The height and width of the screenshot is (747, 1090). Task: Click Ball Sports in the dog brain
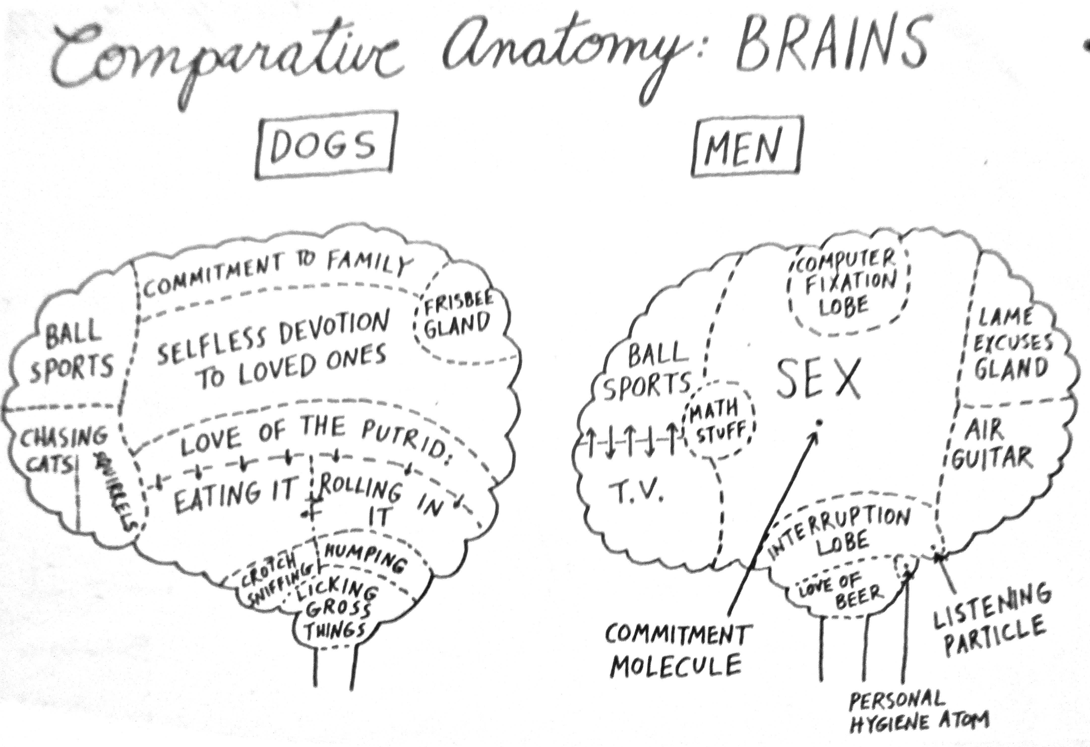tap(70, 352)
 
